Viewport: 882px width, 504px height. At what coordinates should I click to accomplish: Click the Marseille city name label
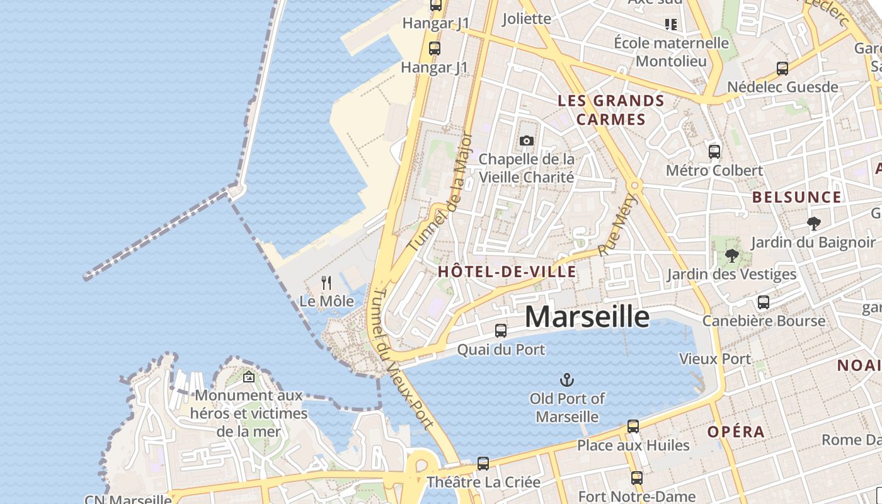587,316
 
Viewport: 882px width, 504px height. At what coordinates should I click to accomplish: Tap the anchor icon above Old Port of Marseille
567,379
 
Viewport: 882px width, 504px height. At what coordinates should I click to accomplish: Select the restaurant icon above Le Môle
326,282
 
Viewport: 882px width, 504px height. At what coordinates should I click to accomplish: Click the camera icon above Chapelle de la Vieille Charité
527,140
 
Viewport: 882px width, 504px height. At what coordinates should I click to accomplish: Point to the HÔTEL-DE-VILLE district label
507,272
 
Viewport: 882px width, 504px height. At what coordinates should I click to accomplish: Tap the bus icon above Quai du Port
501,330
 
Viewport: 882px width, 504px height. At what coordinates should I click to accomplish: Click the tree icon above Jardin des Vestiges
731,255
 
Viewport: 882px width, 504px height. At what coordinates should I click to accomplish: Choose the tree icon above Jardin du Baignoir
813,223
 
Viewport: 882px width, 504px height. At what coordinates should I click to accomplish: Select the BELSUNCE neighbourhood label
797,197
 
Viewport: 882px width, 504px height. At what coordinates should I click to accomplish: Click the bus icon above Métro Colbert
714,151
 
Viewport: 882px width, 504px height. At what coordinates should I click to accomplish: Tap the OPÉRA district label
736,432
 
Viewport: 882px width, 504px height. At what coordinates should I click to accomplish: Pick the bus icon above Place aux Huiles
633,426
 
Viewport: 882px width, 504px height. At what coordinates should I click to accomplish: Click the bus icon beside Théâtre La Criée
483,463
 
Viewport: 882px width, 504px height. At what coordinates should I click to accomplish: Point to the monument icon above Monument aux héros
249,377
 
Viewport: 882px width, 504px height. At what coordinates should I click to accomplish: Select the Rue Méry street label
617,225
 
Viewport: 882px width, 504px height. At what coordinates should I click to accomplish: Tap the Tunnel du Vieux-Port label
402,359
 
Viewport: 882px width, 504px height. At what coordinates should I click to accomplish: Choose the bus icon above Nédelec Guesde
782,68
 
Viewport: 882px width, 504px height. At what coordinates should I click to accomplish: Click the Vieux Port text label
714,359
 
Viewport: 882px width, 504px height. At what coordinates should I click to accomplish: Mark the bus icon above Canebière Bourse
764,302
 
